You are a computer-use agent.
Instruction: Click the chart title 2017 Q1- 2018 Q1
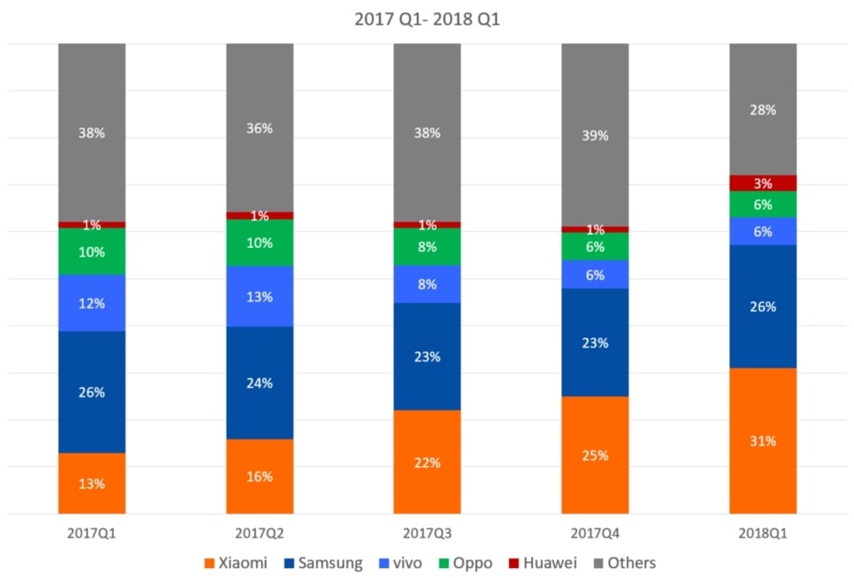coord(427,20)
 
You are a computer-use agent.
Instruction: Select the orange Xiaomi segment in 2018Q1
coord(762,418)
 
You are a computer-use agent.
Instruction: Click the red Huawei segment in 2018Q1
coord(762,183)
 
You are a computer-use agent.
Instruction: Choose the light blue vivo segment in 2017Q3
coord(427,285)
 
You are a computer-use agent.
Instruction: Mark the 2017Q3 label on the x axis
coord(427,534)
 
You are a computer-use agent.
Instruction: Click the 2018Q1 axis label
coord(762,534)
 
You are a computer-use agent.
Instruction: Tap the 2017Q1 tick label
coord(92,534)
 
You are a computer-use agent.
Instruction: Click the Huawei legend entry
coord(544,563)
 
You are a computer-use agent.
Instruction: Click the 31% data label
coord(762,441)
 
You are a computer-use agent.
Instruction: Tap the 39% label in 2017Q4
coord(594,136)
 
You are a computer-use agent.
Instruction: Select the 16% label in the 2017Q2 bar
coord(260,477)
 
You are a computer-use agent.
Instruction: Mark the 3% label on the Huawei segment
coord(762,183)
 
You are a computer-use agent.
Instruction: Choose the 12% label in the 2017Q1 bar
coord(92,303)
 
